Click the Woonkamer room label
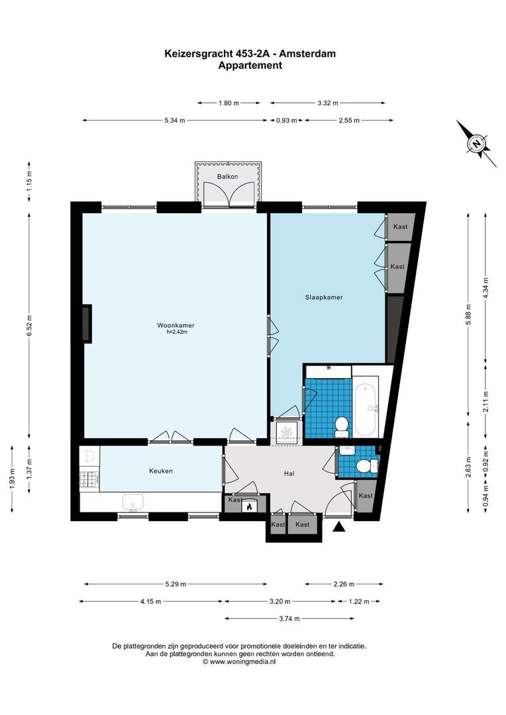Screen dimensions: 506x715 click(176, 325)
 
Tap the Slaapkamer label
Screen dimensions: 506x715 click(324, 297)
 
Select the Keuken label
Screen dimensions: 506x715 click(161, 471)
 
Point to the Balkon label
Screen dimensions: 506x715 click(227, 177)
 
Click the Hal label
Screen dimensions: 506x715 click(289, 473)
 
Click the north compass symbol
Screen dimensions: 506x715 click(476, 143)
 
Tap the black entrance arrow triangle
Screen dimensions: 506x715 click(338, 527)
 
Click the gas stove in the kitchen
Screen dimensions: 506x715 click(89, 480)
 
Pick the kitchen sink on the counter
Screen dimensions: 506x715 click(133, 502)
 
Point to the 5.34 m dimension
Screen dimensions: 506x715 click(175, 120)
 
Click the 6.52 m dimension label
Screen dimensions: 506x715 click(29, 326)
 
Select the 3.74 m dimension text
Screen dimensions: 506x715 click(289, 619)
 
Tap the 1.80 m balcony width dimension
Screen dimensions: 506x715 click(228, 103)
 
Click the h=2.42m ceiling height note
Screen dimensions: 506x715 click(177, 332)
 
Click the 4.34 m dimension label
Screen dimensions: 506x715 click(485, 288)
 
